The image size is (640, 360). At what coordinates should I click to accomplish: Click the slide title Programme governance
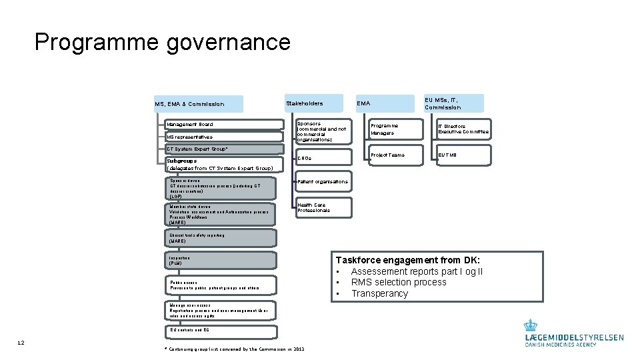click(x=163, y=43)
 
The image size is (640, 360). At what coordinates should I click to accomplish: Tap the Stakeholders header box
click(x=313, y=103)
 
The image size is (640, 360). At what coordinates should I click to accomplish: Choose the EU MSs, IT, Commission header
click(x=453, y=103)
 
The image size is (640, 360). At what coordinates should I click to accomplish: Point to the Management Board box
click(x=224, y=124)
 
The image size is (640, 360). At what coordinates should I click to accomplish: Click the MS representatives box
click(x=224, y=137)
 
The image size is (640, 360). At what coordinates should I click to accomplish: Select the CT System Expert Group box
click(x=224, y=149)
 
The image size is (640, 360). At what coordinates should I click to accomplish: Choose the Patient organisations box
click(x=323, y=181)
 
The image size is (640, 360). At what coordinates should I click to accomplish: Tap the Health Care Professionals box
click(x=323, y=208)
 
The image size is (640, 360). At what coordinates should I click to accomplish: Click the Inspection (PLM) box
click(x=220, y=261)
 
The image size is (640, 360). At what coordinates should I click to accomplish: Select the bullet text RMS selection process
click(x=399, y=282)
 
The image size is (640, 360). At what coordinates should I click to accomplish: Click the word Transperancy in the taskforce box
click(x=379, y=293)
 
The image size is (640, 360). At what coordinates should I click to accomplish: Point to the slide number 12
click(x=21, y=343)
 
